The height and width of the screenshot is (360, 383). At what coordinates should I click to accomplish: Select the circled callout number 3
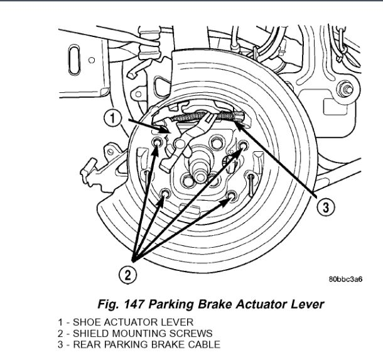[x=324, y=208]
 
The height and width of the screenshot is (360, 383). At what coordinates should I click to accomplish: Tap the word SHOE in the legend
[x=85, y=322]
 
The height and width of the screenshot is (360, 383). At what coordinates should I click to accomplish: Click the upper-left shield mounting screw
[x=157, y=147]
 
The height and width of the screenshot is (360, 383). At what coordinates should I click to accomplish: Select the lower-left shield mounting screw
[x=164, y=193]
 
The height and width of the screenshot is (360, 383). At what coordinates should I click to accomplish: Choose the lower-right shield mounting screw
[x=233, y=196]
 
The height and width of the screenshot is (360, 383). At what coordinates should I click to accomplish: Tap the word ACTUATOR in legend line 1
[x=124, y=322]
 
